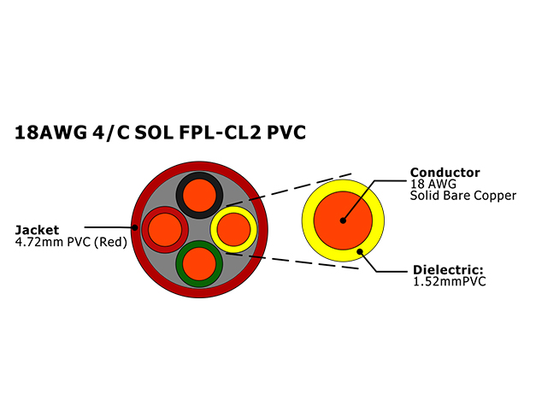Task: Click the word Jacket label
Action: [x=37, y=230]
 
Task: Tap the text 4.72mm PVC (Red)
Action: [x=71, y=242]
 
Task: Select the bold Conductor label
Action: [x=445, y=173]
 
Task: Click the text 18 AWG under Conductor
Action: [x=433, y=184]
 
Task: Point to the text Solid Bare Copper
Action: [x=463, y=196]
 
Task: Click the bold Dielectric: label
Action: [x=448, y=270]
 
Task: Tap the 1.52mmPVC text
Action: [x=449, y=281]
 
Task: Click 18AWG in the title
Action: [x=50, y=132]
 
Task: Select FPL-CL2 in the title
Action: [x=220, y=132]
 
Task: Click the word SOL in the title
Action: [x=154, y=132]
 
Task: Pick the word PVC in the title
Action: [x=286, y=132]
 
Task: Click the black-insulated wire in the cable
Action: [x=200, y=195]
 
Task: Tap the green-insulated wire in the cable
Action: [x=200, y=264]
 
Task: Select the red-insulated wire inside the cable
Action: [x=165, y=230]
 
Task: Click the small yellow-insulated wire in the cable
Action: [x=234, y=230]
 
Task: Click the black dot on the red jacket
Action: [x=135, y=227]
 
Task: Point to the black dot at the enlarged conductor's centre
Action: [x=343, y=221]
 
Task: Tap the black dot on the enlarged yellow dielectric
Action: [x=360, y=252]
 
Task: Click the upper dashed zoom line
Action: [x=289, y=190]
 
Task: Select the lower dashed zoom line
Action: [x=292, y=262]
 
